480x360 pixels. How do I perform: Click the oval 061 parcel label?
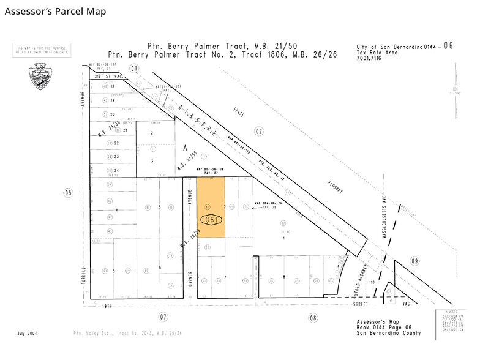pos(212,219)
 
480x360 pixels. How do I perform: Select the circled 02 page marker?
pos(259,130)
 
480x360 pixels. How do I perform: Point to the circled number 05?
pos(67,192)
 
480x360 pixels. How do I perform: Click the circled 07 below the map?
pos(163,317)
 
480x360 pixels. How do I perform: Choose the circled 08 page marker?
pos(313,317)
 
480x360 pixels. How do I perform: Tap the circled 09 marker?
pos(415,261)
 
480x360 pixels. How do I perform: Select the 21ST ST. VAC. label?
pos(109,77)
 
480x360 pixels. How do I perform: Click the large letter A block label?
pos(184,148)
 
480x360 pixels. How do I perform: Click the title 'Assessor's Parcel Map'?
pos(55,11)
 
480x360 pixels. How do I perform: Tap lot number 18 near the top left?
pos(112,87)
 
